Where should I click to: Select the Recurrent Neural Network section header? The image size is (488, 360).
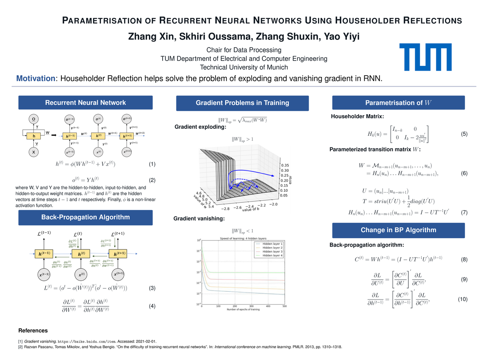coord(85,103)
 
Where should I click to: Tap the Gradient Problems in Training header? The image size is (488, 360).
coord(242,103)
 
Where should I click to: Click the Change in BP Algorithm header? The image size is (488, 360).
coord(399,230)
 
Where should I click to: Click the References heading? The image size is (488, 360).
coord(33,331)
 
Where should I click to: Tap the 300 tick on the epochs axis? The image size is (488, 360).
coord(252,306)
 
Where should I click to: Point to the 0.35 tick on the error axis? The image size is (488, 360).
coord(285,166)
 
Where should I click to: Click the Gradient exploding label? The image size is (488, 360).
coord(200,128)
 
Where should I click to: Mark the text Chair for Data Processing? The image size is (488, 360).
coord(244,50)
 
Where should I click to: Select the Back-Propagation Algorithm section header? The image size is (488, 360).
coord(85,217)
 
